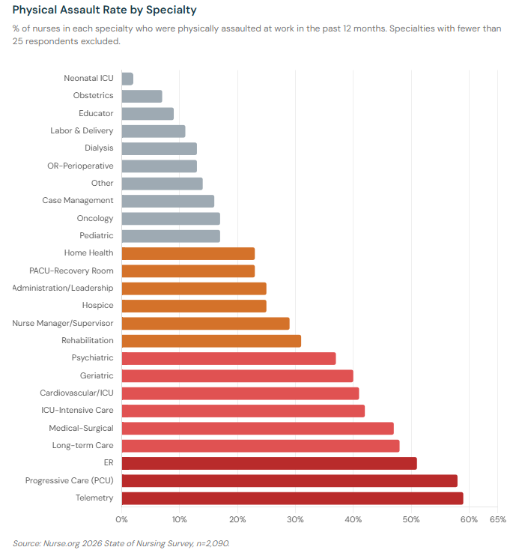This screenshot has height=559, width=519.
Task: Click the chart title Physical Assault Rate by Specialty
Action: tap(106, 10)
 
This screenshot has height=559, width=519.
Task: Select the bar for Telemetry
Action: tap(292, 498)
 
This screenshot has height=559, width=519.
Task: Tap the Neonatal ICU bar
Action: tap(127, 79)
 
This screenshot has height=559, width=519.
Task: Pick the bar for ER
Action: tap(269, 463)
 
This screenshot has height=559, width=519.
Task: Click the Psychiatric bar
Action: tap(228, 358)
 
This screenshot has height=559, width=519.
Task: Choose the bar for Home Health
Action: tap(188, 253)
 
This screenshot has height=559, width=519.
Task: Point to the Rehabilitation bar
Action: tap(211, 341)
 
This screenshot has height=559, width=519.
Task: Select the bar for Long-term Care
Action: tap(260, 446)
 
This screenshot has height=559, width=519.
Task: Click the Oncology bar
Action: tap(171, 218)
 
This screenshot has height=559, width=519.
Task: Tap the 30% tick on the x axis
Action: tap(296, 519)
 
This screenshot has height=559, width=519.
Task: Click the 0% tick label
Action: tap(121, 519)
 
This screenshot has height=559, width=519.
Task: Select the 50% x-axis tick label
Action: tap(411, 519)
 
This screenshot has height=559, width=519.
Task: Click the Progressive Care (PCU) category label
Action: tap(69, 481)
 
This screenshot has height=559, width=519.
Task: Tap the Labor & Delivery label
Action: tap(82, 131)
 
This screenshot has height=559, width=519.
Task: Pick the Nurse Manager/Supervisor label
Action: tap(63, 323)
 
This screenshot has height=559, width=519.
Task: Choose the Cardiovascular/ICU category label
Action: tap(76, 393)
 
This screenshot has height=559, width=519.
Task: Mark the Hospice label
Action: tap(98, 306)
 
